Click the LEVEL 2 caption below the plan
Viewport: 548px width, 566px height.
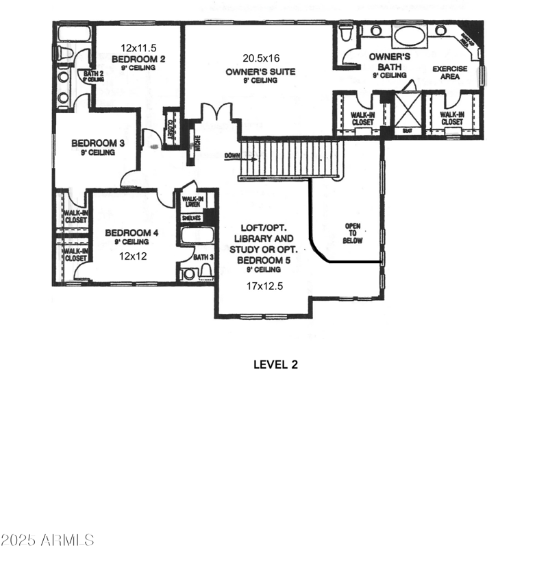pos(275,365)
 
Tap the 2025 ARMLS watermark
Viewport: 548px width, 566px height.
pos(47,541)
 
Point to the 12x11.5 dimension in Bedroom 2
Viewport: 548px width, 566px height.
pos(139,48)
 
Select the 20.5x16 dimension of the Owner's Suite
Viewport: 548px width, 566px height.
pos(260,58)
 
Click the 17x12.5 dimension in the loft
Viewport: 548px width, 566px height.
pos(264,286)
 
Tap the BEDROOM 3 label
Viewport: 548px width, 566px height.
pos(98,143)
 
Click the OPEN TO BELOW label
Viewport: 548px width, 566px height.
pos(353,233)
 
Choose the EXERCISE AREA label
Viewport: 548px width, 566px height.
pos(449,73)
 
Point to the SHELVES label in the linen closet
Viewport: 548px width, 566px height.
pos(190,218)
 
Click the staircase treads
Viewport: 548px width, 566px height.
pos(291,159)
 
